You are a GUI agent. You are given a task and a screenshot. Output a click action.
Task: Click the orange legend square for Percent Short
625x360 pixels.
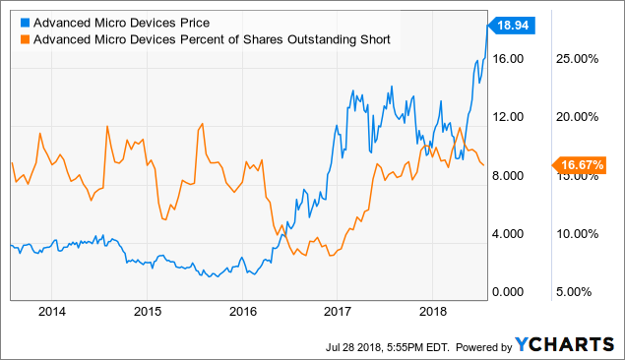pos(24,39)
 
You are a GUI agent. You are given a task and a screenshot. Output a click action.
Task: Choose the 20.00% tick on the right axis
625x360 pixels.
pos(578,117)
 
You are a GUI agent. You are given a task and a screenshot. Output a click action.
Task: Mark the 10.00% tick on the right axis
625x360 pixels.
pos(578,234)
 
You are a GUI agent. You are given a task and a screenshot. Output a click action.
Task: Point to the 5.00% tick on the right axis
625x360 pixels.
pos(581,292)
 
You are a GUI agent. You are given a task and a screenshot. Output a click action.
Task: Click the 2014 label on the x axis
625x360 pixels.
pos(52,312)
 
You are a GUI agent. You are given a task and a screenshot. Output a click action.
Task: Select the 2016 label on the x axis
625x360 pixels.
pos(242,312)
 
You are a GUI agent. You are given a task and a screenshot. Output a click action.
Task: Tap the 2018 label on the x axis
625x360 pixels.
pos(432,312)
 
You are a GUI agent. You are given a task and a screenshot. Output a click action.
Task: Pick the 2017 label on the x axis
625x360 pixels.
pos(337,312)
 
